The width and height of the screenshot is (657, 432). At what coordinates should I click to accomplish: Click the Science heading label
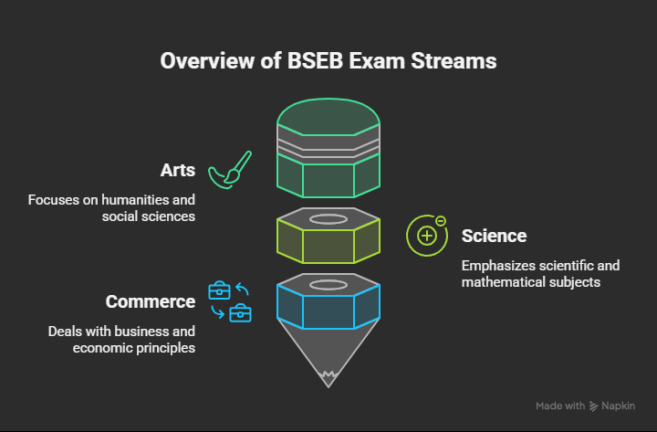[494, 236]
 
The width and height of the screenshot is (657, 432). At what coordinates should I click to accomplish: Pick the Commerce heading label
[151, 301]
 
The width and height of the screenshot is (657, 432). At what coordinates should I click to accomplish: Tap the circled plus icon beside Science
[426, 235]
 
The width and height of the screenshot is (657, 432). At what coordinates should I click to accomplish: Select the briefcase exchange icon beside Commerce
[230, 301]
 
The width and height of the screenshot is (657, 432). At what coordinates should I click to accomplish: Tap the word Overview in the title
[199, 61]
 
